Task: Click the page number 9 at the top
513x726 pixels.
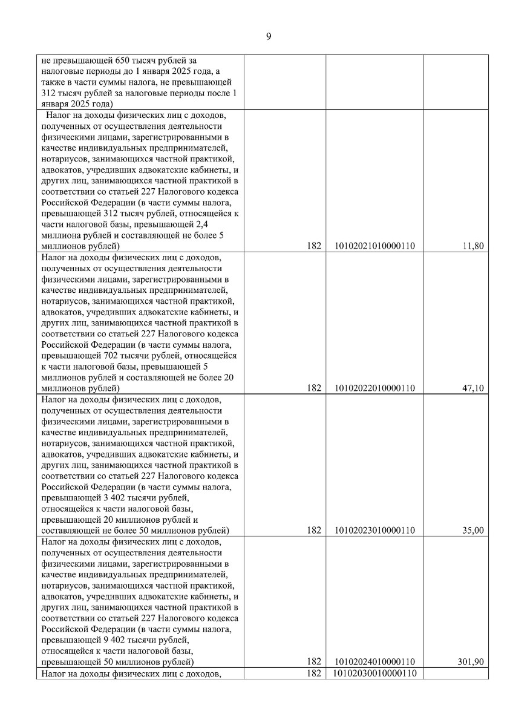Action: click(x=269, y=36)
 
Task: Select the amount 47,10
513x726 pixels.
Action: click(x=473, y=388)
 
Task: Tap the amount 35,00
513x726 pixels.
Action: click(x=473, y=531)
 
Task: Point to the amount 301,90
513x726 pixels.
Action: click(x=471, y=662)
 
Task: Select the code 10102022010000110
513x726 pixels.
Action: click(x=374, y=388)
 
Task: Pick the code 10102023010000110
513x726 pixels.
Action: click(x=374, y=531)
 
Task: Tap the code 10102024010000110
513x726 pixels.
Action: click(x=374, y=662)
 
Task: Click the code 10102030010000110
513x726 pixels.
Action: click(x=374, y=673)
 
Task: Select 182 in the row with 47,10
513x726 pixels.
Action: click(x=313, y=388)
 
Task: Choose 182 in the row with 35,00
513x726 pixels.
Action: click(x=313, y=531)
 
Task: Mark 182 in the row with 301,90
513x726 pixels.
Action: click(x=313, y=662)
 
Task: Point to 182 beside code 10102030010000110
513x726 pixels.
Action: click(x=313, y=673)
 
